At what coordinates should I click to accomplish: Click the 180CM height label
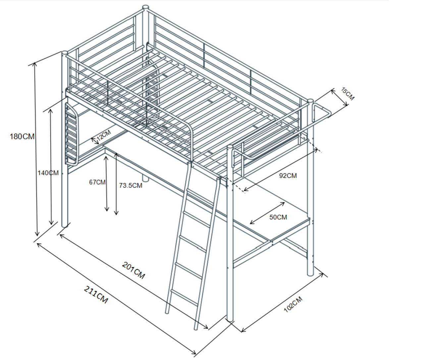[x=22, y=136]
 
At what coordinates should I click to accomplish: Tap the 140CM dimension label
[x=48, y=173]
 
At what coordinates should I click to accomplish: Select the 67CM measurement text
[x=97, y=182]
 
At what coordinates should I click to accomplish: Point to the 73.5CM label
[x=131, y=185]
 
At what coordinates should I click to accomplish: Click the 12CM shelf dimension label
[x=104, y=135]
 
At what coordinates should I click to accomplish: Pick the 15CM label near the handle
[x=347, y=94]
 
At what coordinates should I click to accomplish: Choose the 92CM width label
[x=288, y=176]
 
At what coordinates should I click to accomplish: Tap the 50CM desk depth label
[x=278, y=217]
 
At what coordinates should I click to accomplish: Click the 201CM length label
[x=133, y=270]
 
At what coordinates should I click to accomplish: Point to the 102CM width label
[x=293, y=304]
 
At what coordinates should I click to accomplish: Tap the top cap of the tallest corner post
[x=145, y=8]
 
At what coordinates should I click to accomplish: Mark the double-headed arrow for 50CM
[x=267, y=213]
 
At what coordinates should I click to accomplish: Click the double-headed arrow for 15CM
[x=340, y=98]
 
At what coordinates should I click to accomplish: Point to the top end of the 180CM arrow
[x=35, y=63]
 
